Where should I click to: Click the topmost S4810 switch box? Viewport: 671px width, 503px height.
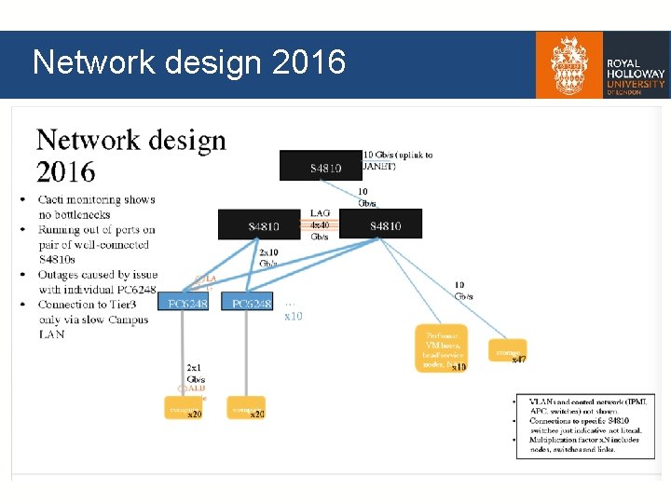[x=321, y=166]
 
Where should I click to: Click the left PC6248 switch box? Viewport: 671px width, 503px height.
[x=186, y=304]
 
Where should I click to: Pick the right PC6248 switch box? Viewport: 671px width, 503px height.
[x=248, y=304]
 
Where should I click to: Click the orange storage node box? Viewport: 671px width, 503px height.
[x=507, y=353]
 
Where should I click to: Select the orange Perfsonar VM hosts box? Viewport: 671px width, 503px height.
[x=441, y=347]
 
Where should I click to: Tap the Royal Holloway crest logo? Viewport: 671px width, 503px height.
[x=568, y=65]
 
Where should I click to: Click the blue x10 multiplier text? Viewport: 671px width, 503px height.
[x=294, y=316]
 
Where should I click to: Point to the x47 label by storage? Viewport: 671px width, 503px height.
[x=519, y=360]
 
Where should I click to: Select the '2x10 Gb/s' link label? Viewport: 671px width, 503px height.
[x=268, y=258]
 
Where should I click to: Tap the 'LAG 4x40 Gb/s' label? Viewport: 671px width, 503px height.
[x=321, y=224]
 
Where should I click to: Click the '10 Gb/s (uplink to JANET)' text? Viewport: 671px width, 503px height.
[x=398, y=160]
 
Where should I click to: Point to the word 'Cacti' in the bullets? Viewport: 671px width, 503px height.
[x=56, y=199]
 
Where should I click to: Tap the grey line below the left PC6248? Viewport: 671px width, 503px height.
[x=186, y=354]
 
